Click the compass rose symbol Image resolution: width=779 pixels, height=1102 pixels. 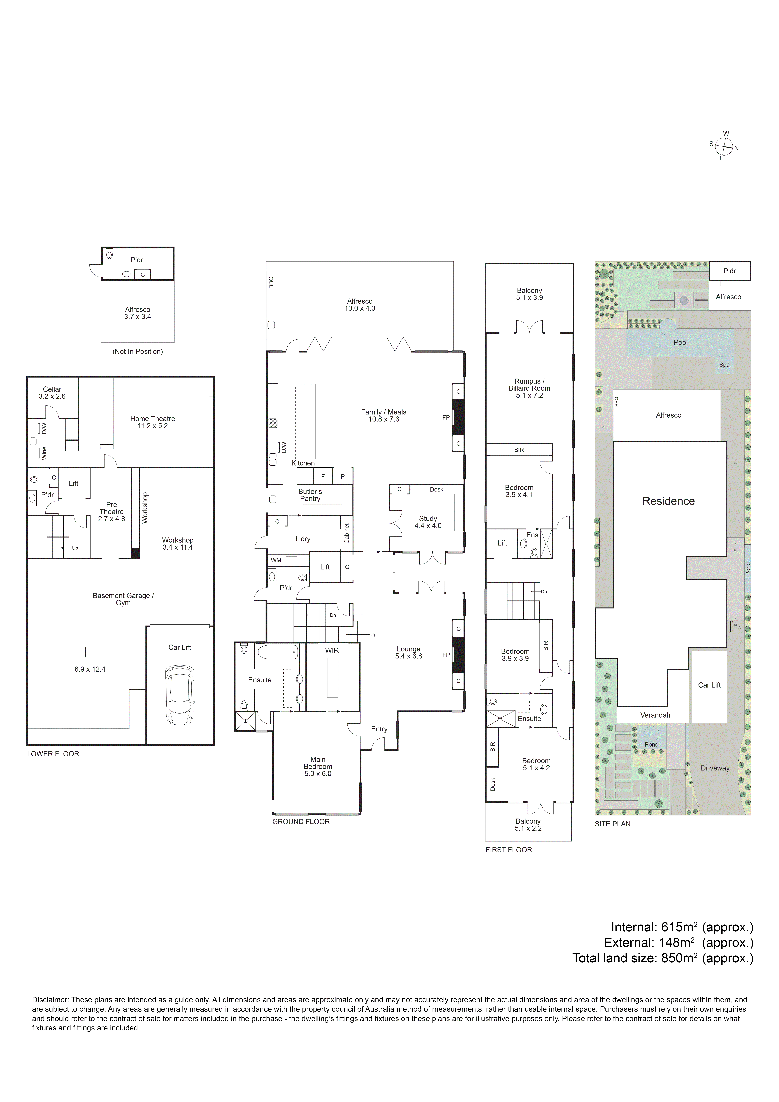tap(723, 145)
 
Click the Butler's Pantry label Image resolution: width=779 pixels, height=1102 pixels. tap(310, 495)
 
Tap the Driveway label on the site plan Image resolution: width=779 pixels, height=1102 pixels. tap(715, 768)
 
